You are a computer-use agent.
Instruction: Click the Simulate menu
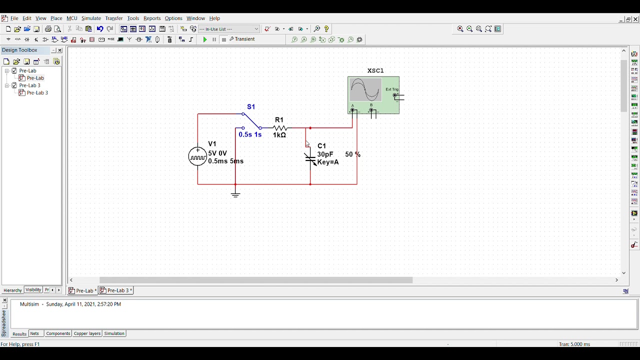(91, 18)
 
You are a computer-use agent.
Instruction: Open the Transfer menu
(114, 18)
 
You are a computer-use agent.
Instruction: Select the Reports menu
(152, 18)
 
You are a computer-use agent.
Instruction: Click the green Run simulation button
(205, 39)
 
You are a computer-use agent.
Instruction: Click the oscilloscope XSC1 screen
(365, 90)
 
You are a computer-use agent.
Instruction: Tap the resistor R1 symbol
(279, 128)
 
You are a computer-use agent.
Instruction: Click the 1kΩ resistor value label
(279, 135)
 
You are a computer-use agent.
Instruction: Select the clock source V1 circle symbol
(197, 156)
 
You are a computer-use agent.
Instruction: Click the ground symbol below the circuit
(235, 194)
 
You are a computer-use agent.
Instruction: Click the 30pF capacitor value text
(325, 154)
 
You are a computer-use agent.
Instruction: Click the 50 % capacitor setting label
(352, 154)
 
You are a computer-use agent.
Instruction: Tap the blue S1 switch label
(251, 107)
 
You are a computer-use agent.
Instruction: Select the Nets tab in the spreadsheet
(34, 333)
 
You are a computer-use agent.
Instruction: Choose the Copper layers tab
(87, 333)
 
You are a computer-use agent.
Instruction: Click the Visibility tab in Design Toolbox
(33, 290)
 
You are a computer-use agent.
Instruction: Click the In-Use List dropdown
(229, 29)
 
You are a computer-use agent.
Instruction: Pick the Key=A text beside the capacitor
(328, 162)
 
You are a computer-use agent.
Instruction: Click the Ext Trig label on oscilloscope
(392, 89)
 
